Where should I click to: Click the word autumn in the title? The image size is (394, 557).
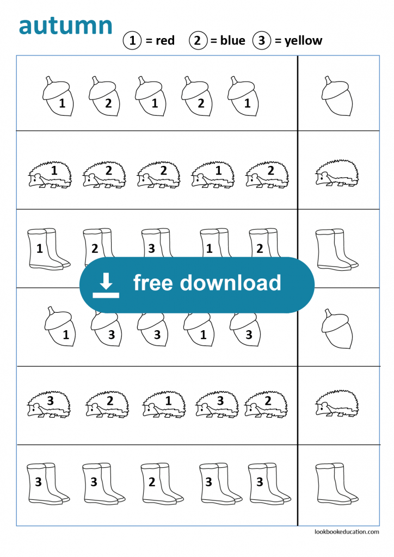[66, 26]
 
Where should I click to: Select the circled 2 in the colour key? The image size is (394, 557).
[198, 41]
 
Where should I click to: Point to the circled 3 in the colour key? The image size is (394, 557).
[262, 41]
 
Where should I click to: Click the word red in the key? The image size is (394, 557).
[165, 41]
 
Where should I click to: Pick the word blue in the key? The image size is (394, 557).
[232, 41]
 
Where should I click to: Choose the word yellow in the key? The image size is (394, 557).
[303, 41]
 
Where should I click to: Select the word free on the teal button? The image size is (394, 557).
[152, 283]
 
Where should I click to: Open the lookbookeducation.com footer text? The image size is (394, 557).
[347, 532]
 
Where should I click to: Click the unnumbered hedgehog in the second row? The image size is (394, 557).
[337, 174]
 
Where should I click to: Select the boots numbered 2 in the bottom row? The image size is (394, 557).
[158, 482]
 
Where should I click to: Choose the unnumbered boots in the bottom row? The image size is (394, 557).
[336, 482]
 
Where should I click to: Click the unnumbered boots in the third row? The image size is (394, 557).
[336, 248]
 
